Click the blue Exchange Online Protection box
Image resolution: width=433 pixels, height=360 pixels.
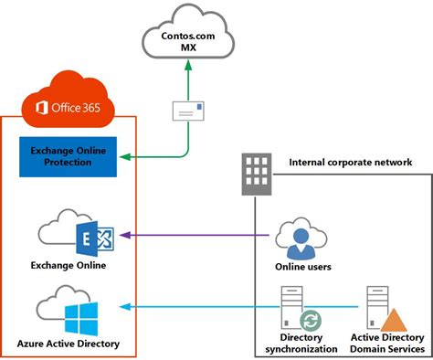tap(69, 155)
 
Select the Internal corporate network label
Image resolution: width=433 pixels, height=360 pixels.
tap(350, 163)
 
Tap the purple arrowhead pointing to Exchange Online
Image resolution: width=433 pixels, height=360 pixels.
tap(125, 237)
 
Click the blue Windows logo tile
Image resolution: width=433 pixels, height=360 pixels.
tap(81, 317)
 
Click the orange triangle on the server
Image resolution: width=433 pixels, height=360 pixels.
tap(394, 320)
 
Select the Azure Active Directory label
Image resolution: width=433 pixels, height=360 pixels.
tap(69, 345)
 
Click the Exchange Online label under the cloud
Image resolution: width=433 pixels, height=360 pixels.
tap(69, 266)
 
